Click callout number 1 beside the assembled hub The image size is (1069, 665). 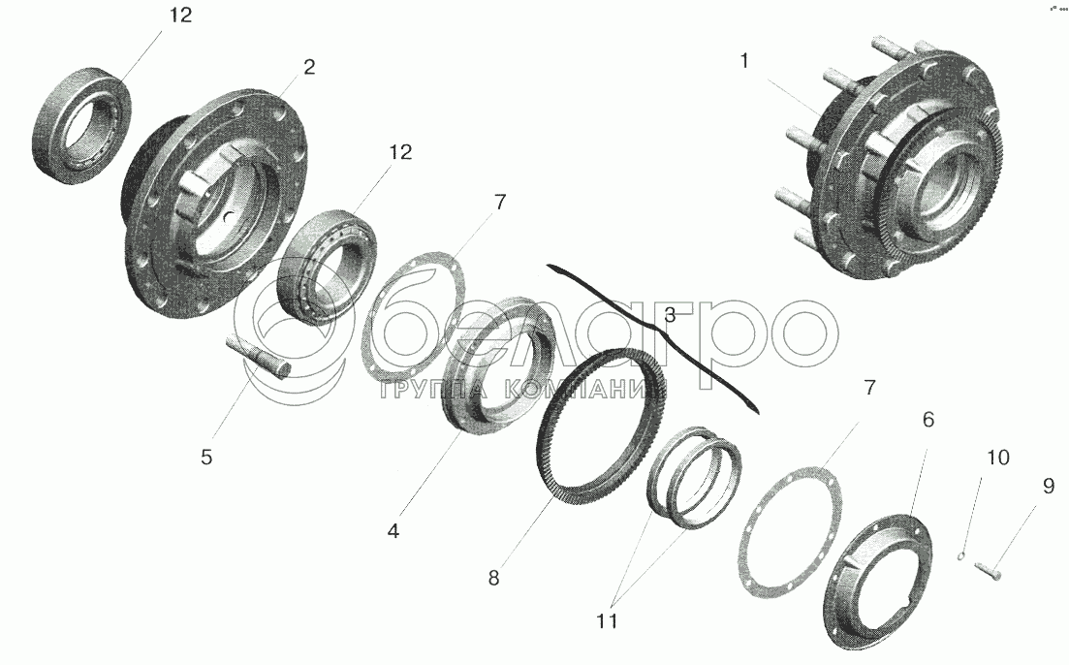pyautogui.click(x=744, y=61)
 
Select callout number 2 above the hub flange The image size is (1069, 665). pyautogui.click(x=309, y=68)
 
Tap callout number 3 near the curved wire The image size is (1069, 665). pyautogui.click(x=670, y=315)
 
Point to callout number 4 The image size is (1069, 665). pyautogui.click(x=393, y=531)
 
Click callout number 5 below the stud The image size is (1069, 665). pyautogui.click(x=206, y=457)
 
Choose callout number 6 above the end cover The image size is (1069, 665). pyautogui.click(x=928, y=420)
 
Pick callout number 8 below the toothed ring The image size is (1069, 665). pyautogui.click(x=493, y=578)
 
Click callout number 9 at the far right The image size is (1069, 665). pyautogui.click(x=1048, y=486)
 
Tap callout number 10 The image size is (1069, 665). pyautogui.click(x=998, y=457)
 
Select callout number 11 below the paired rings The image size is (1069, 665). pyautogui.click(x=607, y=621)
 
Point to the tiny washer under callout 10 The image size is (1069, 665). pyautogui.click(x=961, y=555)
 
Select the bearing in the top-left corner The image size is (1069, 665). pyautogui.click(x=81, y=126)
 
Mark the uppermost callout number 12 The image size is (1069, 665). pyautogui.click(x=180, y=15)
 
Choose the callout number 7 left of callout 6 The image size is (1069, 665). pyautogui.click(x=868, y=388)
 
